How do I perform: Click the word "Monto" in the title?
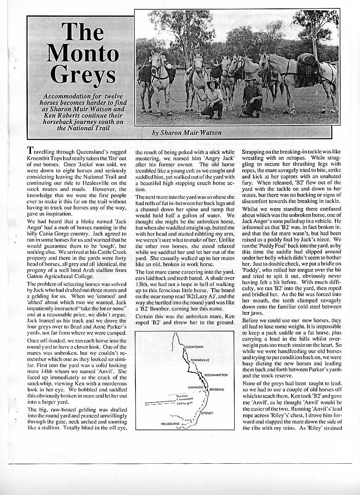82,54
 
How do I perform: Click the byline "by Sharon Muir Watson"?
187,132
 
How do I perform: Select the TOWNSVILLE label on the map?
200,360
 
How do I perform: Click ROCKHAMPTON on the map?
216,374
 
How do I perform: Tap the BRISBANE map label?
217,390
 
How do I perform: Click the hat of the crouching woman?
213,82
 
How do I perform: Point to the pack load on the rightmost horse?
307,60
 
